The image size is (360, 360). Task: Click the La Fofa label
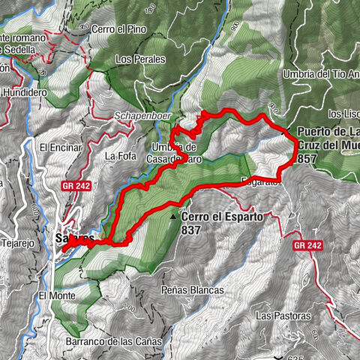click(x=120, y=156)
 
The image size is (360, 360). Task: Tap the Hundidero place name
click(x=24, y=91)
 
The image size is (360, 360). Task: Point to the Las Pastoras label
click(x=277, y=315)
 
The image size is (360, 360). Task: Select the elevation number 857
click(x=307, y=159)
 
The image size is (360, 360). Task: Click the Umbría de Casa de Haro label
click(x=174, y=152)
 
